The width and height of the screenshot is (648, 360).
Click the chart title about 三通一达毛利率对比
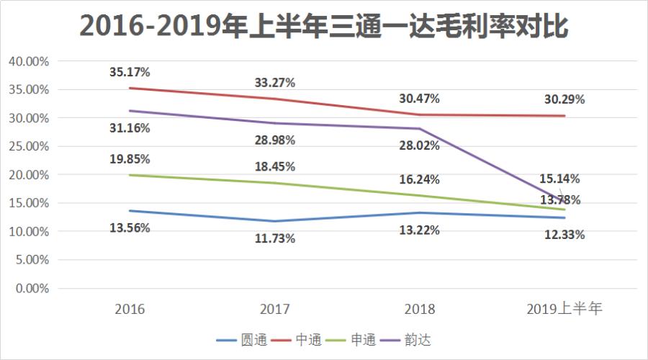tap(324, 26)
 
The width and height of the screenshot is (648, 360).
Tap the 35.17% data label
tap(130, 72)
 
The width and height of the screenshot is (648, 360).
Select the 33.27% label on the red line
tap(274, 82)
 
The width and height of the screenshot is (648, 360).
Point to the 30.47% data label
tap(419, 98)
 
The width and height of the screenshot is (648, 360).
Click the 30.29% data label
tap(564, 99)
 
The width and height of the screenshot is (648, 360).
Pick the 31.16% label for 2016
tap(130, 128)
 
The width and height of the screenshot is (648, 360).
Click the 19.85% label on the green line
tap(130, 159)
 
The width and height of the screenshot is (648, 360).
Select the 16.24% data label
tap(419, 179)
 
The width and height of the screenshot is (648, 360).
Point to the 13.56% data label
tap(130, 228)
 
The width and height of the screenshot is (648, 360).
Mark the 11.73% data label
tap(274, 238)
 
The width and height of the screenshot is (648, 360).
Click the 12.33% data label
tap(564, 234)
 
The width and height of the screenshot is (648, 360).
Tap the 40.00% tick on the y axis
tap(28, 61)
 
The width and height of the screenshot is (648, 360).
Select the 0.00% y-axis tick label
tap(31, 288)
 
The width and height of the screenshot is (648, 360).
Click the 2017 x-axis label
tap(274, 309)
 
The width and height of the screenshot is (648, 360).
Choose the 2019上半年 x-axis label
tap(564, 309)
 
